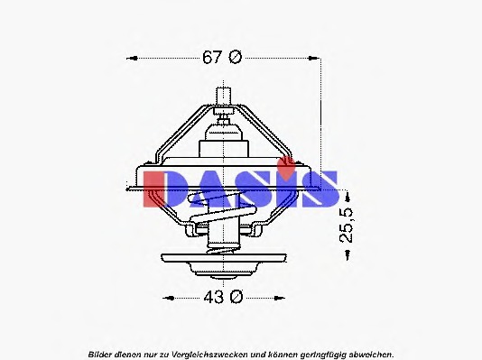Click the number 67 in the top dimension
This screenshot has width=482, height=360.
click(211, 58)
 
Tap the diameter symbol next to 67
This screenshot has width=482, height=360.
click(235, 58)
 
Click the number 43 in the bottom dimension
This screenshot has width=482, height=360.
click(212, 297)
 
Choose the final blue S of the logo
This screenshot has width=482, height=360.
click(320, 188)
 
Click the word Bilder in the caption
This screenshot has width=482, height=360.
click(102, 351)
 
